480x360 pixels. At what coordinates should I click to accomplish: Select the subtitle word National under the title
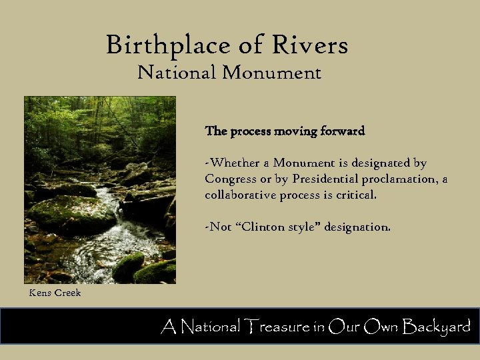click(177, 72)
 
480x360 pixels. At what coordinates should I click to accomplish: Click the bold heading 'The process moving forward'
click(285, 131)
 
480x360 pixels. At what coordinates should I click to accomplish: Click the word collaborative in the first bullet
click(239, 195)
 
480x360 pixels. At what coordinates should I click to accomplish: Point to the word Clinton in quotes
click(260, 227)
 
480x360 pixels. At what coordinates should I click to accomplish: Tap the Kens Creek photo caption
click(55, 293)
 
